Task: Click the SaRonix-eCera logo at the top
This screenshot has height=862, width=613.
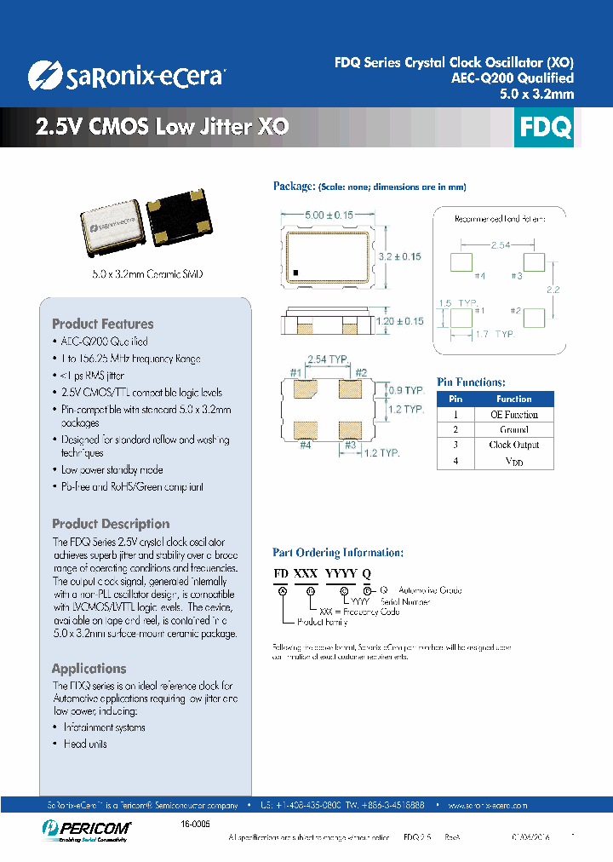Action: click(125, 76)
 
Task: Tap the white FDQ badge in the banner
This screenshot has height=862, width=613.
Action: click(545, 128)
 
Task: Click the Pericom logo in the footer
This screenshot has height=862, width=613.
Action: click(84, 828)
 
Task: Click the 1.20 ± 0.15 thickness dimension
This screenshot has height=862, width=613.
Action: click(399, 321)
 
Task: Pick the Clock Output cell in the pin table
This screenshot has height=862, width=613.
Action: click(513, 445)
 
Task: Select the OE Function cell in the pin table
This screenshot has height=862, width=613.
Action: click(513, 414)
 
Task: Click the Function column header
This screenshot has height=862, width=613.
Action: click(513, 399)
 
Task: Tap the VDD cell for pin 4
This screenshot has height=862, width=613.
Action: click(513, 461)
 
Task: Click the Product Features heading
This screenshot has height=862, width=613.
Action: click(103, 324)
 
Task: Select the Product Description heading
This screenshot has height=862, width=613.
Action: click(111, 524)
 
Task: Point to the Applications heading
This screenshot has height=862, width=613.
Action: click(89, 669)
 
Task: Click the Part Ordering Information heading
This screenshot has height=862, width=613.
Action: click(338, 552)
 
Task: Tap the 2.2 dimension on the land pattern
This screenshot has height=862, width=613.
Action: click(553, 290)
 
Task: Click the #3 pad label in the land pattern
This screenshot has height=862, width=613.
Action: click(516, 275)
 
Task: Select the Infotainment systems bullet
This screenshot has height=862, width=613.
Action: click(104, 727)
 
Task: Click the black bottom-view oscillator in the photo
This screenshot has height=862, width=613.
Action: click(180, 224)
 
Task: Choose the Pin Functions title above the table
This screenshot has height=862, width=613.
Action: click(471, 382)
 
